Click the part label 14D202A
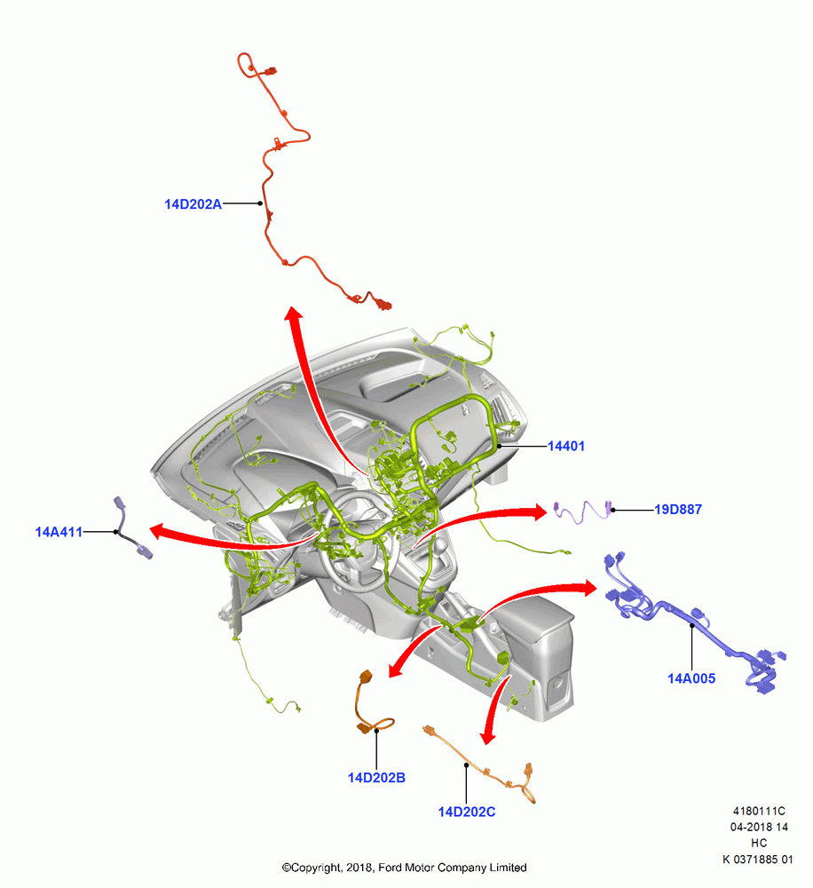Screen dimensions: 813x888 (193, 204)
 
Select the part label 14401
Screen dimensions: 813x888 (566, 447)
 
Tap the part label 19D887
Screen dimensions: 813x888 (678, 510)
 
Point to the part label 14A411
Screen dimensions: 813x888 (59, 532)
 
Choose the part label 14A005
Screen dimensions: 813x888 (691, 678)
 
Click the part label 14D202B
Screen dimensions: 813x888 (376, 778)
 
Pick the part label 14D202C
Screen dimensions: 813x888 (467, 813)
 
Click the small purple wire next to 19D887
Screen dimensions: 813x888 (583, 511)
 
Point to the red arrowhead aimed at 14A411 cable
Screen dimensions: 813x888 (160, 531)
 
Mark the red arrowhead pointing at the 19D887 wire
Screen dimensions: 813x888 (537, 511)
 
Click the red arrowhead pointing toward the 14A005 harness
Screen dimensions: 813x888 (587, 588)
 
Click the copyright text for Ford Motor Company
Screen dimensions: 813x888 (404, 868)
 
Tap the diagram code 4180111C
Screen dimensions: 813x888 (759, 812)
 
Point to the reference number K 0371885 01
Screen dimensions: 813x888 (757, 860)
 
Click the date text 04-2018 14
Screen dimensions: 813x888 (759, 828)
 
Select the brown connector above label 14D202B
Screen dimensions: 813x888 (366, 677)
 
